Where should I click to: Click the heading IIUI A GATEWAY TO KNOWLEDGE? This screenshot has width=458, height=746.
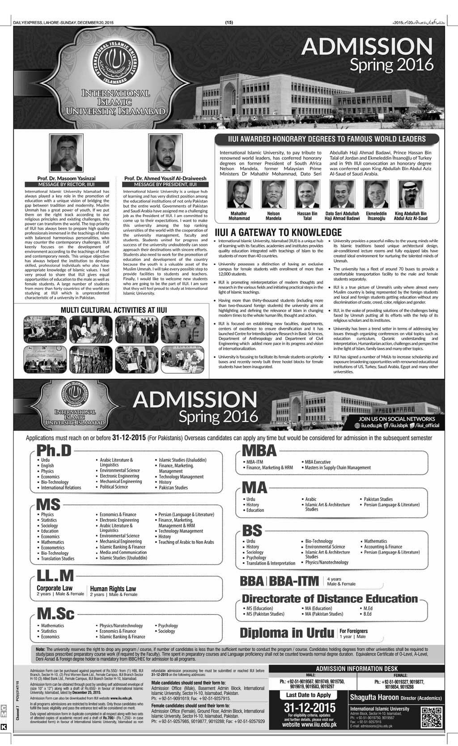coord(278,232)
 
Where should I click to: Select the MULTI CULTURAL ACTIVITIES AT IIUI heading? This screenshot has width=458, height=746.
coord(110,310)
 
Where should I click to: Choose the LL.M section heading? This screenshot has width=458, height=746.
coord(55,575)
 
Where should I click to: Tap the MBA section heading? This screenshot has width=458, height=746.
coord(259,450)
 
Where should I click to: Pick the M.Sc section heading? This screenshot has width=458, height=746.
coord(55,613)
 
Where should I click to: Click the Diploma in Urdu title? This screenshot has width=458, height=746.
coord(287,633)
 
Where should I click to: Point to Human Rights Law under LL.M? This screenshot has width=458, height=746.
coord(113,588)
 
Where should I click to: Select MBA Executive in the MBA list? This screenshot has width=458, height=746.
coord(318,461)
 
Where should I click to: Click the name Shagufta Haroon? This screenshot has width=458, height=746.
coord(373,698)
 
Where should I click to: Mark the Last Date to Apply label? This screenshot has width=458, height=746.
coord(309,695)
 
